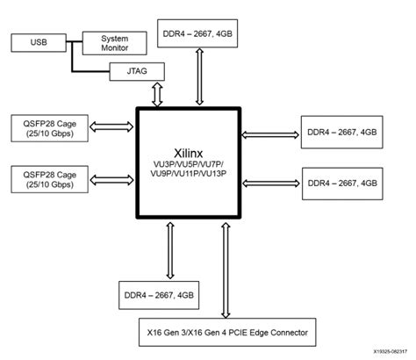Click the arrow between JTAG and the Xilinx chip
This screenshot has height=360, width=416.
click(x=158, y=94)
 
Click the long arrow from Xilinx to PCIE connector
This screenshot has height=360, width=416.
click(x=228, y=271)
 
